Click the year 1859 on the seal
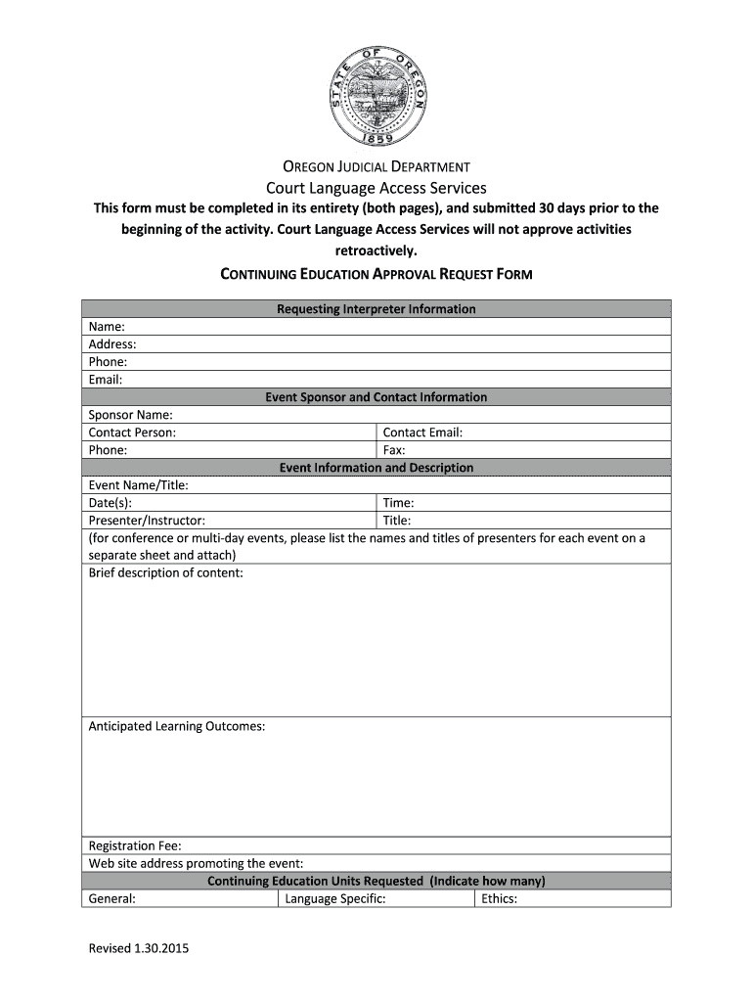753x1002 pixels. pyautogui.click(x=376, y=137)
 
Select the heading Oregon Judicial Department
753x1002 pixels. pyautogui.click(x=376, y=167)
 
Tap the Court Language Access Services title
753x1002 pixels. pyautogui.click(x=376, y=188)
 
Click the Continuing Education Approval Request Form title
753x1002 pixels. pyautogui.click(x=376, y=274)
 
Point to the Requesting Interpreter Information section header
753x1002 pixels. pyautogui.click(x=376, y=309)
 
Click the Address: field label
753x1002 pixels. pyautogui.click(x=112, y=344)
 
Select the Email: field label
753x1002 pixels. pyautogui.click(x=106, y=380)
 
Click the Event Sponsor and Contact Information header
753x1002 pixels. pyautogui.click(x=376, y=397)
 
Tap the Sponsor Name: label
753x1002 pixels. pyautogui.click(x=131, y=415)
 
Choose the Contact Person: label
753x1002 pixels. pyautogui.click(x=133, y=433)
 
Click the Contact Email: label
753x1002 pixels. pyautogui.click(x=422, y=433)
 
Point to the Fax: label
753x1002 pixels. pyautogui.click(x=394, y=450)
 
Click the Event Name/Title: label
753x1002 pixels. pyautogui.click(x=139, y=485)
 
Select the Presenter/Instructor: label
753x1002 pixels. pyautogui.click(x=147, y=521)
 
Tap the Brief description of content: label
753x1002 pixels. pyautogui.click(x=166, y=573)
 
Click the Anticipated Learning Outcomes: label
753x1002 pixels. pyautogui.click(x=177, y=727)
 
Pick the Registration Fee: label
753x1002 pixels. pyautogui.click(x=135, y=846)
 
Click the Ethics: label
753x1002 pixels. pyautogui.click(x=499, y=899)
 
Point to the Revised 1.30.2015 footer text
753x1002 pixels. pyautogui.click(x=139, y=949)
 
